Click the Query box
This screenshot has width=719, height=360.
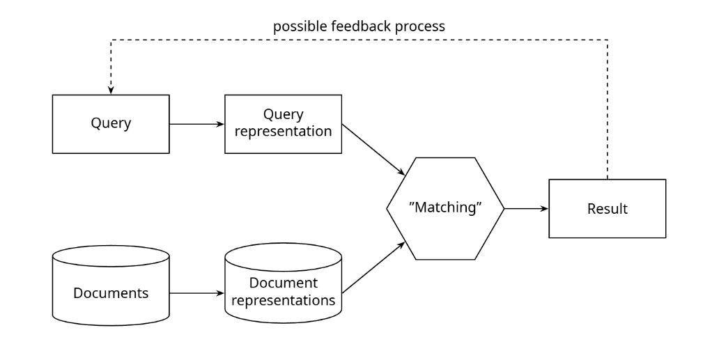tap(111, 124)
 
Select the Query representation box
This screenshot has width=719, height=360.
tap(283, 124)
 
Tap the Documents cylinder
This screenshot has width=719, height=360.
tap(111, 285)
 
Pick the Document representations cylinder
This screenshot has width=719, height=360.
tap(283, 283)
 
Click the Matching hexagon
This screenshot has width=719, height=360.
tap(445, 208)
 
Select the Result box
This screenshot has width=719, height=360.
tap(607, 208)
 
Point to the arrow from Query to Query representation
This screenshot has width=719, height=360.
tap(196, 124)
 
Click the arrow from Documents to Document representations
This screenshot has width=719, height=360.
tap(196, 293)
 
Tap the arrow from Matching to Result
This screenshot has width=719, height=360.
tap(527, 209)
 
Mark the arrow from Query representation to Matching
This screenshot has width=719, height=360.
tap(373, 150)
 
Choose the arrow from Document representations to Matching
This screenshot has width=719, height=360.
tap(373, 268)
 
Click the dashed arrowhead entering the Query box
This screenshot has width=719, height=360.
tap(111, 91)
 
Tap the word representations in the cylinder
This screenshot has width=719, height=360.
tap(283, 301)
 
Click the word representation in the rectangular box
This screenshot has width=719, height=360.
tap(283, 132)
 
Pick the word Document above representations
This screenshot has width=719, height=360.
tap(283, 283)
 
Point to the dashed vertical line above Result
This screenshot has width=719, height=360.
tap(608, 109)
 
